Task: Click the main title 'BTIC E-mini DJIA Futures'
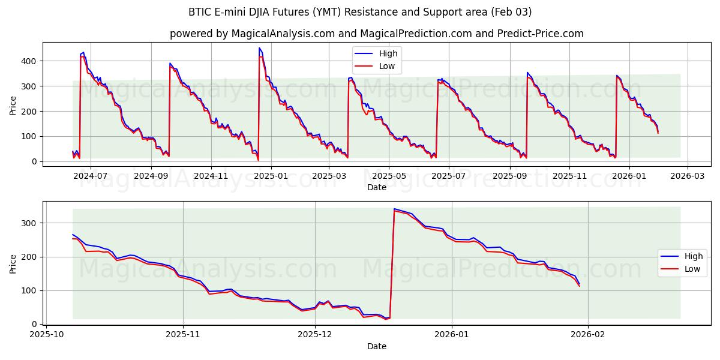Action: click(x=359, y=12)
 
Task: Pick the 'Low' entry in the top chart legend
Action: click(x=387, y=66)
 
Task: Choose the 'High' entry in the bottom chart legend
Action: click(x=694, y=256)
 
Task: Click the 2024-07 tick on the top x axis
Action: click(x=91, y=176)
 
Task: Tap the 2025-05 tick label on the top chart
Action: click(x=389, y=176)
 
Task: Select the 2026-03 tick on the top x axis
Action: click(x=688, y=176)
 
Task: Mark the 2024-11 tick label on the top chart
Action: click(x=211, y=176)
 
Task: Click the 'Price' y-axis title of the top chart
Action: click(x=13, y=105)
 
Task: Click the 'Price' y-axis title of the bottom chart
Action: click(x=13, y=263)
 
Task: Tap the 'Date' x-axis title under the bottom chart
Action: click(x=376, y=346)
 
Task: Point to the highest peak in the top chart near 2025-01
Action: click(x=259, y=48)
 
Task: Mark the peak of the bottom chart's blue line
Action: click(x=394, y=209)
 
